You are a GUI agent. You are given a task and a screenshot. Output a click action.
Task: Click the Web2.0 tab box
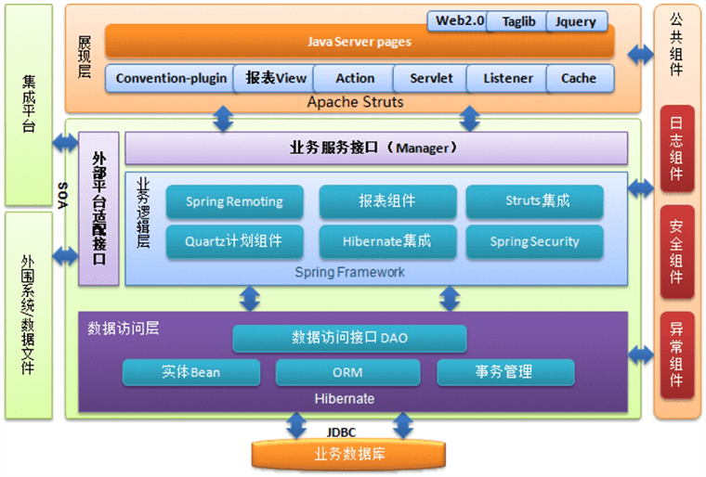pyautogui.click(x=461, y=20)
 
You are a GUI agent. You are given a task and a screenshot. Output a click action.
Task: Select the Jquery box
pyautogui.click(x=577, y=21)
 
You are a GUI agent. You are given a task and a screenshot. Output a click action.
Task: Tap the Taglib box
pyautogui.click(x=518, y=21)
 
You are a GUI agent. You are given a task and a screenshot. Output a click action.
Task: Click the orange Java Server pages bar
pyautogui.click(x=359, y=42)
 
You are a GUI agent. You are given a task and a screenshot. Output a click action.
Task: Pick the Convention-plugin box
pyautogui.click(x=171, y=79)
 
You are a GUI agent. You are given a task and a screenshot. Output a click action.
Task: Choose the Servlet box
pyautogui.click(x=431, y=79)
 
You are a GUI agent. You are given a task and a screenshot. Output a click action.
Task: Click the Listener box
pyautogui.click(x=508, y=79)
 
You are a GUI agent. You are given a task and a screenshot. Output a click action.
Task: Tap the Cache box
pyautogui.click(x=579, y=79)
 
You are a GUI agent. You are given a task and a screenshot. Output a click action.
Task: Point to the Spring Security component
pyautogui.click(x=534, y=242)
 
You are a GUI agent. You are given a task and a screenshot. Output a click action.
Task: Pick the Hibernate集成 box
pyautogui.click(x=387, y=242)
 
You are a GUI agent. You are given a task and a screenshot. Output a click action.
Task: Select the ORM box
pyautogui.click(x=347, y=372)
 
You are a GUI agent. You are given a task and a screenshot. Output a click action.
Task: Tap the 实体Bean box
pyautogui.click(x=190, y=372)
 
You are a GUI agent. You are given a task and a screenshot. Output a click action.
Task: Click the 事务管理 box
pyautogui.click(x=504, y=372)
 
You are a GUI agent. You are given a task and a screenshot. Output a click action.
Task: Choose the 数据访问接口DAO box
pyautogui.click(x=349, y=338)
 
